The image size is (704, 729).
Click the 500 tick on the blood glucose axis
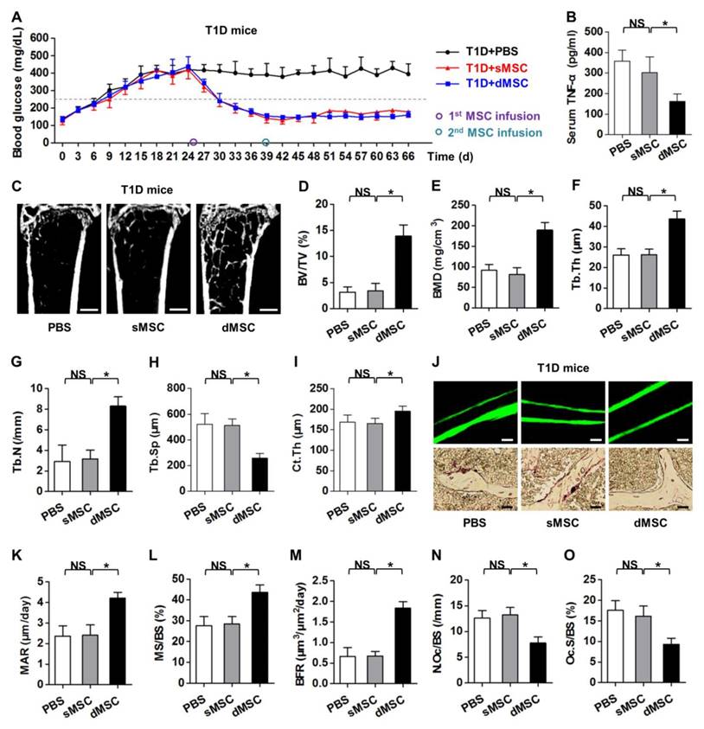(44, 31)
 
